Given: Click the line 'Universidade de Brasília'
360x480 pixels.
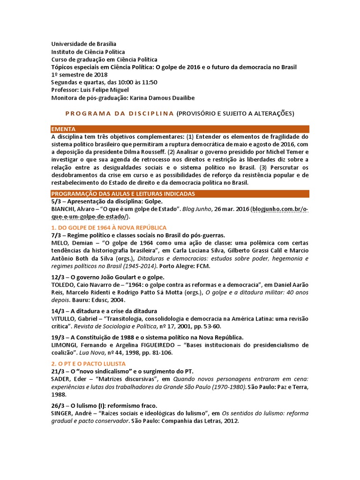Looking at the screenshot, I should pyautogui.click(x=84, y=44).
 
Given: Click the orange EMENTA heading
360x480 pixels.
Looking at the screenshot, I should pyautogui.click(x=63, y=129).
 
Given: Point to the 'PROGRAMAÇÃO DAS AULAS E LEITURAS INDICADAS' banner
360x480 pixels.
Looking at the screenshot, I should pyautogui.click(x=123, y=194).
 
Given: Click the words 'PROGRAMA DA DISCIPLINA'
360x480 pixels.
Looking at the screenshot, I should pyautogui.click(x=119, y=113).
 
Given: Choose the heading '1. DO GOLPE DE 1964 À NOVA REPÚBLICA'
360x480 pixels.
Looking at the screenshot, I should pyautogui.click(x=108, y=227).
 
